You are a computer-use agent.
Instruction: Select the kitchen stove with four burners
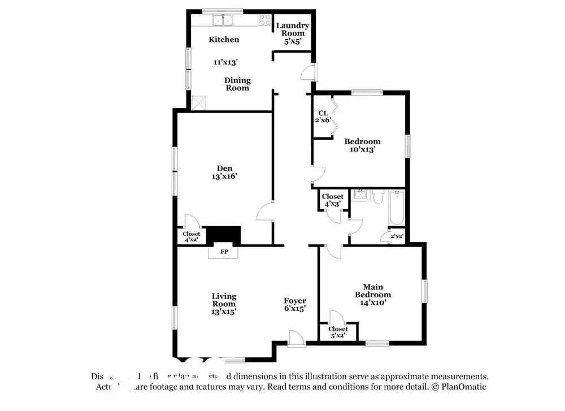pos(264,20)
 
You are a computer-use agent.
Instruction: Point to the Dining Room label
pos(237,84)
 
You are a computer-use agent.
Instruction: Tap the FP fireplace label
pos(224,252)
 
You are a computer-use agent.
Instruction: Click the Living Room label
pos(224,300)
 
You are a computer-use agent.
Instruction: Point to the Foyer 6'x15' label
pos(294,305)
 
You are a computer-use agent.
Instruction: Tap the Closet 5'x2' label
pos(338,332)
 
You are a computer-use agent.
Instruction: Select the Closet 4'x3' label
pos(332,200)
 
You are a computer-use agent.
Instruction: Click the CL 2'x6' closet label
pos(323,116)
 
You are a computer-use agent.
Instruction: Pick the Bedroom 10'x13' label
pos(362,146)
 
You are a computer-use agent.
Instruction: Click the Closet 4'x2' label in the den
pos(191,237)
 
